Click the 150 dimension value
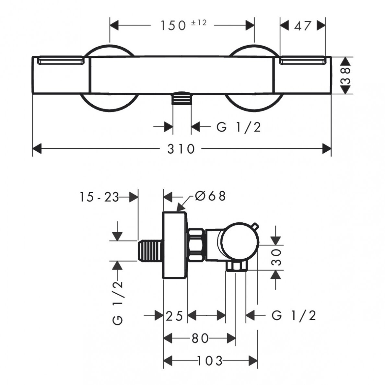(173, 26)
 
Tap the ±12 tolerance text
(199, 23)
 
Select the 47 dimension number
(303, 26)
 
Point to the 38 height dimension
(345, 76)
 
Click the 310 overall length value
(181, 149)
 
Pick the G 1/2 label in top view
(239, 127)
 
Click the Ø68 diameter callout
(210, 196)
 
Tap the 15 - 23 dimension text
(99, 197)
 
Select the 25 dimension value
(174, 316)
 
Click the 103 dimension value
(210, 361)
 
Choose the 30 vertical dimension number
(276, 257)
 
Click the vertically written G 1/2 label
(118, 303)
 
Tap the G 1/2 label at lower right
(294, 315)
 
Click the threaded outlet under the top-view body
(182, 98)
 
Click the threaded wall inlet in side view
(150, 251)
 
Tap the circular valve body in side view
(240, 242)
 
